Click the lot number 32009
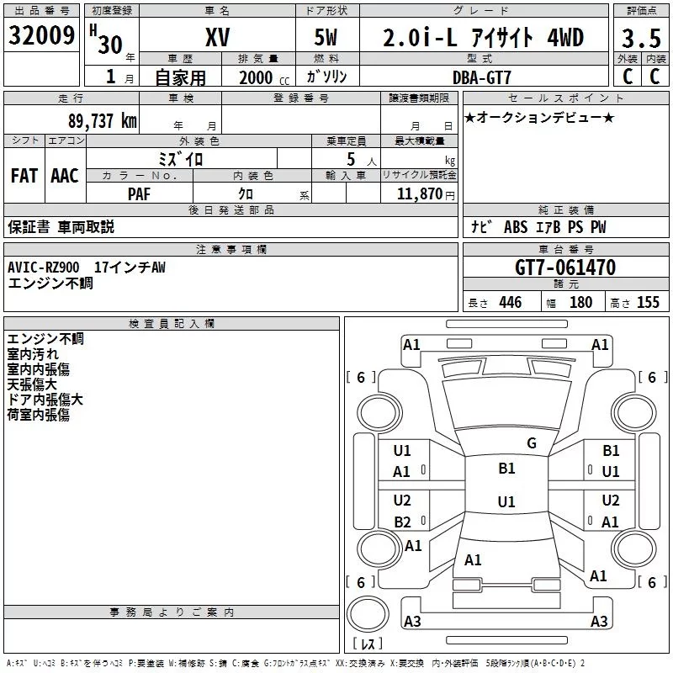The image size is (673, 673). click(41, 35)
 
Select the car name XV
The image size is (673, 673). click(218, 37)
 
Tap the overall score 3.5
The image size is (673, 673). click(641, 39)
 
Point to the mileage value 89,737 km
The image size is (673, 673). click(103, 120)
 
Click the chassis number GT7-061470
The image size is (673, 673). click(565, 268)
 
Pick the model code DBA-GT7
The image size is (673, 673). click(482, 77)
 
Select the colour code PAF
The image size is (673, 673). click(139, 193)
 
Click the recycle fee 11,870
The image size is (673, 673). click(419, 194)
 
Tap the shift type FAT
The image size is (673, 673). click(24, 176)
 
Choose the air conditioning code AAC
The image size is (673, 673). click(65, 176)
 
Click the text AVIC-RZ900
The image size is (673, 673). click(44, 268)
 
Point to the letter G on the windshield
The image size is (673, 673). click(532, 442)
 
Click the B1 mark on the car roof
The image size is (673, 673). click(506, 469)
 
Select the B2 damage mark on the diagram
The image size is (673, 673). click(402, 522)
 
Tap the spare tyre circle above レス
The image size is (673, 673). click(368, 614)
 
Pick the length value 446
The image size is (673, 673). click(511, 302)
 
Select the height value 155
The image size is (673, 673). click(648, 302)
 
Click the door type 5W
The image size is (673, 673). click(326, 37)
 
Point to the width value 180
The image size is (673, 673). click(580, 302)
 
